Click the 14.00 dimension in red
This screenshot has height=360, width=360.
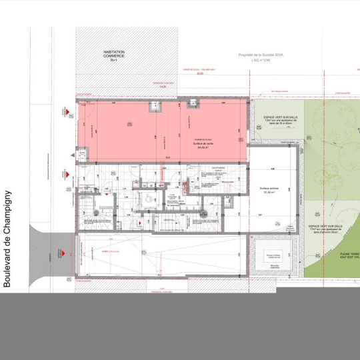162,86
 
